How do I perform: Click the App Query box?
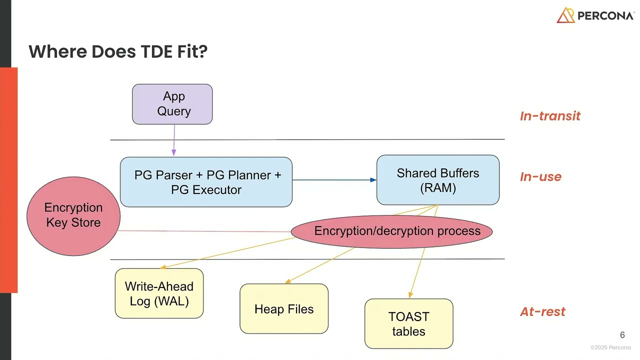pos(172,104)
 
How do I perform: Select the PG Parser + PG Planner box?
pos(206,182)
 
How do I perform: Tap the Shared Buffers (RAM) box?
pos(437,180)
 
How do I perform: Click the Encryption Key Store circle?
pos(73,215)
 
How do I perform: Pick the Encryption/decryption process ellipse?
pos(392,231)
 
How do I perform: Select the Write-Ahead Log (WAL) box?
pos(159,293)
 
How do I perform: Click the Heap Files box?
pos(284,309)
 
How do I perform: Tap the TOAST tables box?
pos(408,323)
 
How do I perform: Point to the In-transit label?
pos(550,116)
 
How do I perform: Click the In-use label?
pos(540,177)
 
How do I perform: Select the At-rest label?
pos(542,312)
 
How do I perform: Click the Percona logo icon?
pos(565,15)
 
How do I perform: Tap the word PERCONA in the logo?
pos(605,16)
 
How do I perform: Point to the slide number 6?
pos(622,335)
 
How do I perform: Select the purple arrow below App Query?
pos(174,140)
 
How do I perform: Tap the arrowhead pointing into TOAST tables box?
pos(410,295)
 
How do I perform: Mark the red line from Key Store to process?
pos(205,231)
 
